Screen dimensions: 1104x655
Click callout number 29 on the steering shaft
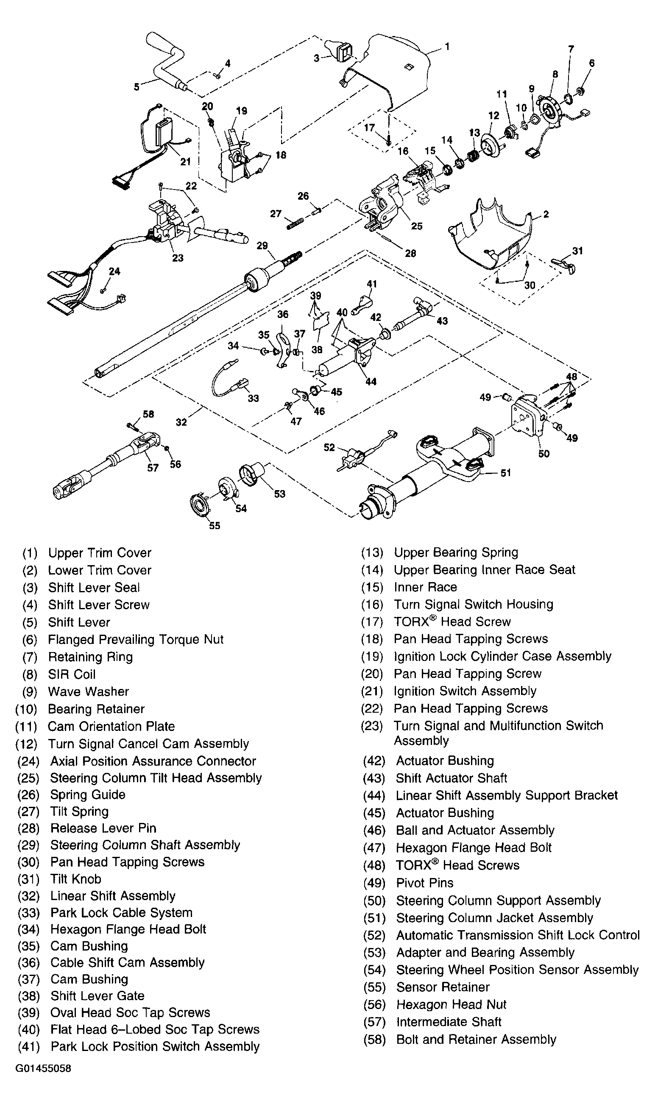click(262, 246)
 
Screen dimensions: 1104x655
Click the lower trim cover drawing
click(494, 238)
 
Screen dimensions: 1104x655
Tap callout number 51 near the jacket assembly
click(505, 473)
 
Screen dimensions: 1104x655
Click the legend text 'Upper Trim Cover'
click(99, 553)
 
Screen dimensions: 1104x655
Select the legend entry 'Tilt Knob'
click(75, 879)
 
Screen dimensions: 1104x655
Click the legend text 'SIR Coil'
click(72, 674)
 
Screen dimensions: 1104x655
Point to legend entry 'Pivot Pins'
click(425, 883)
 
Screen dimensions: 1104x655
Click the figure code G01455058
click(43, 1069)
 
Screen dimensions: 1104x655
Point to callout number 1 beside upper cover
click(447, 46)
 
